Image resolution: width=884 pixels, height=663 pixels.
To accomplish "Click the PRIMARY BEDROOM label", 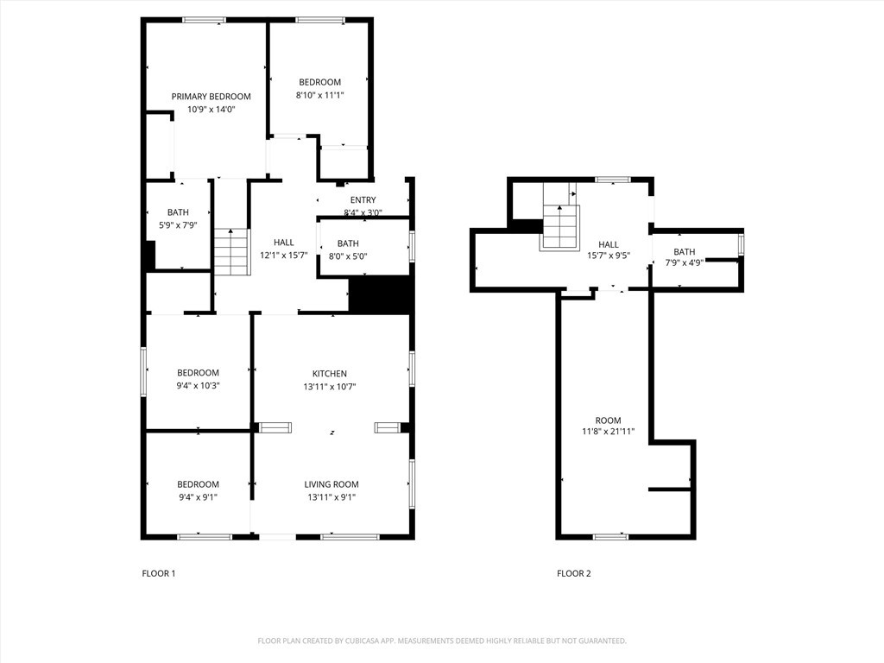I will coord(211,97).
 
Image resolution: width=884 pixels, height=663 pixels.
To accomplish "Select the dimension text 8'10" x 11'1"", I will coord(319,96).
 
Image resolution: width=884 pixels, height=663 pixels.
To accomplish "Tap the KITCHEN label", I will coord(330,374).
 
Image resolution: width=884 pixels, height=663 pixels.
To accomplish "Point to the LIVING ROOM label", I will coord(331,484).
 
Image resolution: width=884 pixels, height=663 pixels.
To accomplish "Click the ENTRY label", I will coord(363,200).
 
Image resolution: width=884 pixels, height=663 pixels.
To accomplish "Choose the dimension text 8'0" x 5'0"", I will coord(348,256).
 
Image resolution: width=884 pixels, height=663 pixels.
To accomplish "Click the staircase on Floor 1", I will coord(231,252).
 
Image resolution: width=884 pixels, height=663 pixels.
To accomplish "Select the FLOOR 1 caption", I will coord(159,573).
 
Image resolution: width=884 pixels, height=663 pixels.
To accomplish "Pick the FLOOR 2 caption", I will coord(574,573).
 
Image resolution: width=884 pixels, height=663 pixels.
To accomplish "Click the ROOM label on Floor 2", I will coord(608,420).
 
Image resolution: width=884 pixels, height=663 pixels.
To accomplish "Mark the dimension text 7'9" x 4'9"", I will coord(684,263).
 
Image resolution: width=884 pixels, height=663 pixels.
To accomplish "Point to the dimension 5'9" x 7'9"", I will coord(177,225).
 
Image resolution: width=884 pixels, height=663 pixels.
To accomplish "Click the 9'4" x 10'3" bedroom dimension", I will coord(198,386).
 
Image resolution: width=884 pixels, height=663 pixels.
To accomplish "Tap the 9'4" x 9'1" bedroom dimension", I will coord(198,497).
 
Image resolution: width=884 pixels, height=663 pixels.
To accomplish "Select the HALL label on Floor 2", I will coord(609,244).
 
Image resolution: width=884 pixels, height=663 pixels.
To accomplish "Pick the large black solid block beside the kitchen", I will coord(378,294).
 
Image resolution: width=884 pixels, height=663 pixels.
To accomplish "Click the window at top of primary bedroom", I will coord(204,20).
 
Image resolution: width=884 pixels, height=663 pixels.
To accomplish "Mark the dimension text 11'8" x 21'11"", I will coord(608,432).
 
